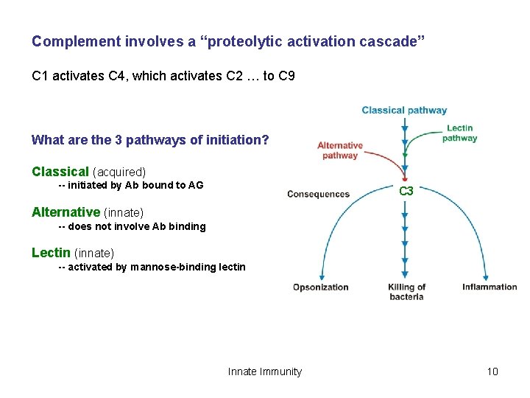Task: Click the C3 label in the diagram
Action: click(x=406, y=191)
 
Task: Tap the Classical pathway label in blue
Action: click(x=404, y=111)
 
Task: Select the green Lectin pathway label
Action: click(x=459, y=133)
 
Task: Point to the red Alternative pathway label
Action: click(x=340, y=150)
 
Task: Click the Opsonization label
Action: click(x=321, y=287)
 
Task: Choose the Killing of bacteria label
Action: click(x=406, y=292)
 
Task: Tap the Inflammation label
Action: click(x=490, y=287)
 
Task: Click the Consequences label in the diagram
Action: click(x=318, y=195)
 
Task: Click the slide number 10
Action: click(x=492, y=371)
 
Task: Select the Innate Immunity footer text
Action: click(x=265, y=371)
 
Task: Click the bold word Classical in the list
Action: click(x=60, y=172)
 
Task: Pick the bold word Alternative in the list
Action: click(x=66, y=212)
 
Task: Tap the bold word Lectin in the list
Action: click(x=51, y=253)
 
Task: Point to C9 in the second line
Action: click(x=287, y=75)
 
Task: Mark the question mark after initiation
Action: click(x=266, y=139)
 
